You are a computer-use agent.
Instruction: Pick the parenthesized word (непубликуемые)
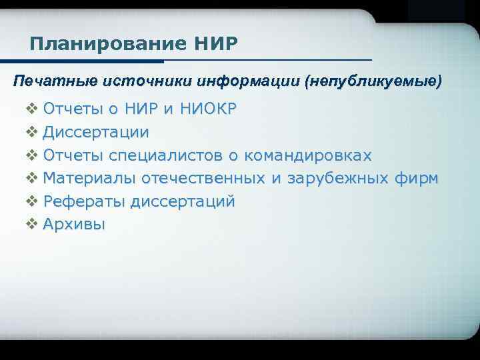tap(373, 82)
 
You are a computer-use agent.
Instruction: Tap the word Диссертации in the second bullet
tap(96, 132)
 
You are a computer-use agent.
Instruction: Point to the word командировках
tap(308, 155)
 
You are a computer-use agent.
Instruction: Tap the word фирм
tap(417, 178)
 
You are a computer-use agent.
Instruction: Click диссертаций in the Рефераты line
tap(183, 201)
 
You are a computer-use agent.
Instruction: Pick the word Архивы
tap(74, 224)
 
